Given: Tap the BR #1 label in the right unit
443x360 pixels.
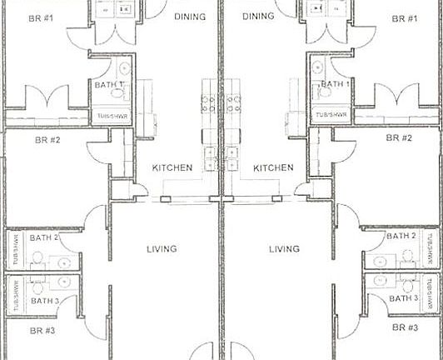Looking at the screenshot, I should tap(404, 18).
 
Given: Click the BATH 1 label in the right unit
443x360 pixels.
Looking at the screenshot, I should tap(336, 84).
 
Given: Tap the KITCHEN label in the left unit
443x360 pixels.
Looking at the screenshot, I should tap(172, 167).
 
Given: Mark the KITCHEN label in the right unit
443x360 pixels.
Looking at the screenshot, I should tap(273, 167).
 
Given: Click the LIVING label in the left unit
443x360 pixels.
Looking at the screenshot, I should tap(161, 248).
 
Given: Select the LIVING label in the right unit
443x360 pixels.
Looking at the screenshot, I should tap(285, 248).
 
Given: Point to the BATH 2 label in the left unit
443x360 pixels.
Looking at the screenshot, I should tap(44, 237).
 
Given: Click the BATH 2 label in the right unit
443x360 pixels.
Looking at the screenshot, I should tap(401, 237).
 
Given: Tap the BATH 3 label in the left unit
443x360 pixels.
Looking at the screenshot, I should tap(44, 300).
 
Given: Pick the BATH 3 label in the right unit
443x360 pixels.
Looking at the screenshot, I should tap(403, 298).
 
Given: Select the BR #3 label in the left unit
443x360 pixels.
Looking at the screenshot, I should tap(42, 330).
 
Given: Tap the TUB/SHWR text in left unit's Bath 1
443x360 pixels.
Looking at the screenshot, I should tap(111, 116).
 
